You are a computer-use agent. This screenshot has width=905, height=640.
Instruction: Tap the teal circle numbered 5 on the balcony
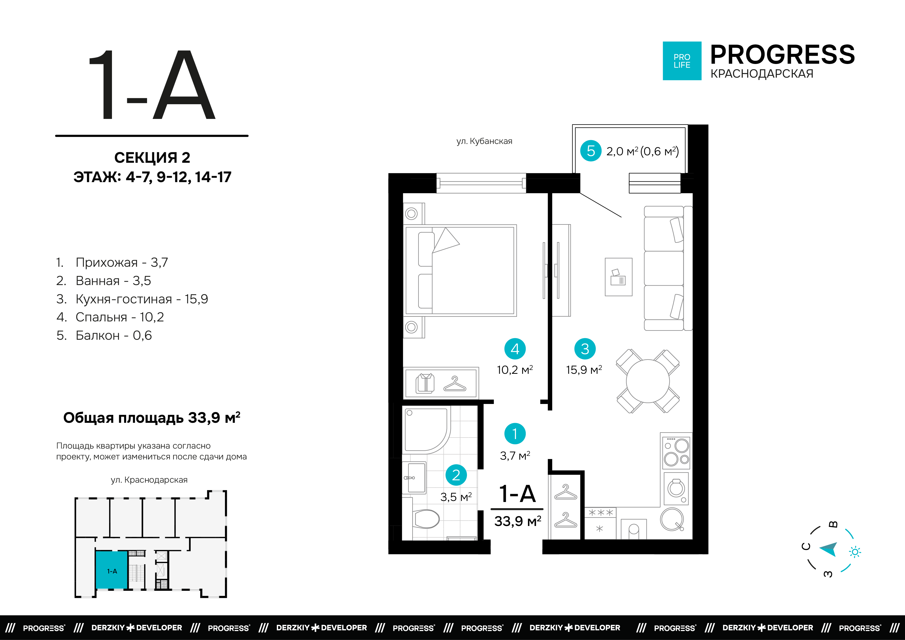pyautogui.click(x=591, y=151)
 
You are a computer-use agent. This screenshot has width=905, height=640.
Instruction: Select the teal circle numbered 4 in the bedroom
pyautogui.click(x=515, y=349)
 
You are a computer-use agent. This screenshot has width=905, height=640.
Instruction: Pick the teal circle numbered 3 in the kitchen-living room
pyautogui.click(x=585, y=349)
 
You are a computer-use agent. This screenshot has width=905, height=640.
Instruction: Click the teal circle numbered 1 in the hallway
pyautogui.click(x=515, y=433)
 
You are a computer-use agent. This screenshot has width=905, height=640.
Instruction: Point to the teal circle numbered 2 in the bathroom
pyautogui.click(x=456, y=475)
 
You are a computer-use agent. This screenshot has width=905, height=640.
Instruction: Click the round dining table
pyautogui.click(x=648, y=381)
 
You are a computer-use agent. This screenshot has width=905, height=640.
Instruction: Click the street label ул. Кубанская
pyautogui.click(x=484, y=141)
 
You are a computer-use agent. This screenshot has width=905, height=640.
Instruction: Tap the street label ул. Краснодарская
pyautogui.click(x=149, y=480)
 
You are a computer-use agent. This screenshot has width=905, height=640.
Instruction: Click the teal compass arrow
pyautogui.click(x=829, y=549)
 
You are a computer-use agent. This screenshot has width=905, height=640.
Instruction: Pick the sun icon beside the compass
pyautogui.click(x=855, y=552)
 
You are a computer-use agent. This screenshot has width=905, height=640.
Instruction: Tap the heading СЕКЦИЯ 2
pyautogui.click(x=152, y=158)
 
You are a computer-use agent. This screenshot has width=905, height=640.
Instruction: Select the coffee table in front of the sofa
pyautogui.click(x=618, y=277)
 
